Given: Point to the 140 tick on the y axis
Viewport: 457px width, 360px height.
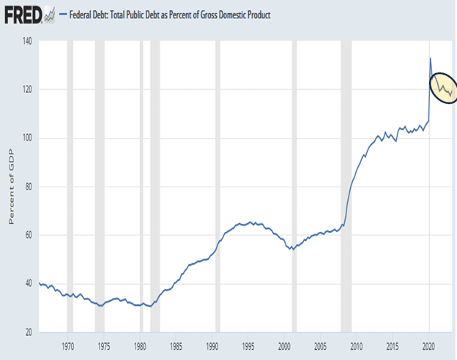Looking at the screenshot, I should (x=27, y=41).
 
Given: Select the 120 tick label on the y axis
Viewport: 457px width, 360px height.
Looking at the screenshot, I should (x=27, y=89).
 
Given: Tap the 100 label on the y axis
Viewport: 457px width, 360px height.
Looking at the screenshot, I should (x=27, y=138).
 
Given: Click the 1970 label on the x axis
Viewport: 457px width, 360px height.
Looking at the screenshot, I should (x=68, y=344).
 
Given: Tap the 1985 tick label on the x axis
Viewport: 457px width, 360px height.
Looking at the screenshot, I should (x=176, y=344).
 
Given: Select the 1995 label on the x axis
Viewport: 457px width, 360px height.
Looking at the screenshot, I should (x=248, y=344).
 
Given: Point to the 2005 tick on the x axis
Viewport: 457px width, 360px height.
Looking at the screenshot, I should (x=319, y=344).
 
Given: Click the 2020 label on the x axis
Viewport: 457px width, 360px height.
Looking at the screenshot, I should (x=427, y=344).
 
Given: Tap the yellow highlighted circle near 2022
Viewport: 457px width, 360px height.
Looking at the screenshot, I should (x=444, y=89).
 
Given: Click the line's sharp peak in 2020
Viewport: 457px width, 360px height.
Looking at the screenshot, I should (x=430, y=58).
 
